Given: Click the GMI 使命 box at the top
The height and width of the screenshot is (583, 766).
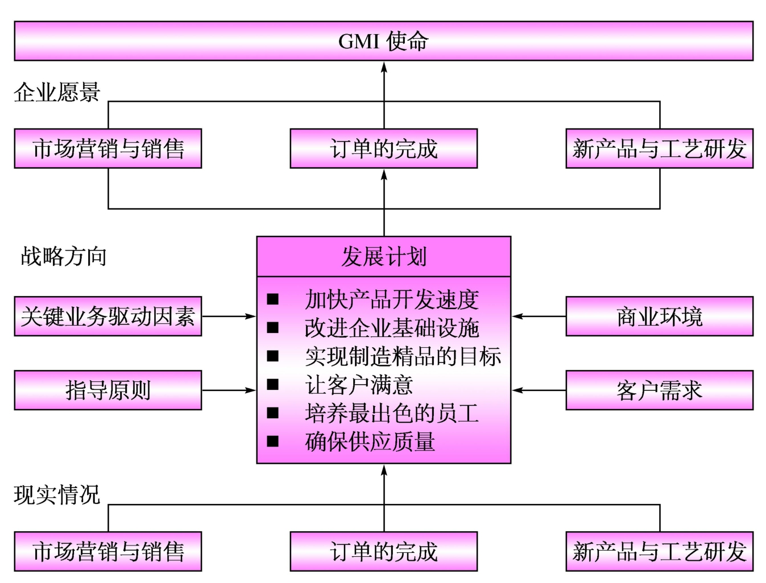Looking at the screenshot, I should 383,41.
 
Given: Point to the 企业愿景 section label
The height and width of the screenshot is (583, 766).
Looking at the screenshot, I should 57,92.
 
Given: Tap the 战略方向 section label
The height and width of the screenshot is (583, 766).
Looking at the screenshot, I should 64,256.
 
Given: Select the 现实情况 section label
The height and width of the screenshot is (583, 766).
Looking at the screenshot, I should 57,495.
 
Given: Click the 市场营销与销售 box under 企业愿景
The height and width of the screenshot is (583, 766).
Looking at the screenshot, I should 108,149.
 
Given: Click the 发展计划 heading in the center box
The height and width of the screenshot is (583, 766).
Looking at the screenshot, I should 383,257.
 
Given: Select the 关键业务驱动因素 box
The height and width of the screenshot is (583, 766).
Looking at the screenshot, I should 108,317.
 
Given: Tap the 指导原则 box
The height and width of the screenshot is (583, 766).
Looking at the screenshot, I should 108,390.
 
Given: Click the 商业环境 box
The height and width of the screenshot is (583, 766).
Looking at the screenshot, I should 659,317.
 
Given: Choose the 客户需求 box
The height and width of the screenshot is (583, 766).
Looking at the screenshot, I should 659,390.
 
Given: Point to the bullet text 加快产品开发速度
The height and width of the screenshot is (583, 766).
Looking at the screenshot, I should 392,299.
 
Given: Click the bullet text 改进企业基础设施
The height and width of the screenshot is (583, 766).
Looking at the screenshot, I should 392,328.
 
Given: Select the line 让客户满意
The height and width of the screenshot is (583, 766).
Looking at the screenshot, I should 359,385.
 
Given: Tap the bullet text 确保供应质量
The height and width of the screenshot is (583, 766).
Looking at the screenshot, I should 370,442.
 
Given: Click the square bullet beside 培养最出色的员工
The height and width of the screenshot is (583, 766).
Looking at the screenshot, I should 273,413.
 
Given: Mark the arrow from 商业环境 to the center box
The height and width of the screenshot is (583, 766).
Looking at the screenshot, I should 539,317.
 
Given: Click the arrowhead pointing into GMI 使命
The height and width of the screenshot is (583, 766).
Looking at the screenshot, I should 384,68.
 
